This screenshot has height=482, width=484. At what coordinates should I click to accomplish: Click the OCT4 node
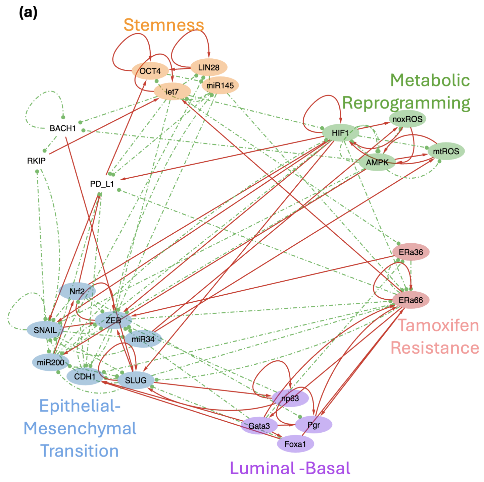coord(150,71)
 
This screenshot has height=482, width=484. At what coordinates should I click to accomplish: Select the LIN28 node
coord(209,67)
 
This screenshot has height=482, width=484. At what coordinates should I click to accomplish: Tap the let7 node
coord(172,92)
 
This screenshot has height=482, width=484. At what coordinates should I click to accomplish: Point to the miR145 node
coord(220,85)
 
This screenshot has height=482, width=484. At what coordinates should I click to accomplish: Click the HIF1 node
coord(340,133)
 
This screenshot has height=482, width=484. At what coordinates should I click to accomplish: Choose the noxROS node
coord(407,119)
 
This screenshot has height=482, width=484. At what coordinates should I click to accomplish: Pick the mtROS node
coord(446,151)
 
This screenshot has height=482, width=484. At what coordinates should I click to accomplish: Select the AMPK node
coord(377,163)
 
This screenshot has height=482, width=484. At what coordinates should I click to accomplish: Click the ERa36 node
coord(411,252)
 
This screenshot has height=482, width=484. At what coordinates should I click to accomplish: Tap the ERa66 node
coord(411,300)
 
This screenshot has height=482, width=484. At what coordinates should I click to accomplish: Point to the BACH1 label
coord(63,128)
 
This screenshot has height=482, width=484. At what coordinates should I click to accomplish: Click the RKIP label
coord(36,161)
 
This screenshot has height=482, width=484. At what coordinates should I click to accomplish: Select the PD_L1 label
coord(102,184)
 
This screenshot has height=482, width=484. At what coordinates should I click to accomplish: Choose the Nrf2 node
coord(77,291)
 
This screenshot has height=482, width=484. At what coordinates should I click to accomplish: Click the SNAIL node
coord(45,330)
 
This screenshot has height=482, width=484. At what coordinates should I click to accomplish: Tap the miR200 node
coord(51,362)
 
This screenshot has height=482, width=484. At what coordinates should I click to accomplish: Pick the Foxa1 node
coord(295,444)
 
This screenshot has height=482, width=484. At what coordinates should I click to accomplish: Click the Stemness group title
coord(164,25)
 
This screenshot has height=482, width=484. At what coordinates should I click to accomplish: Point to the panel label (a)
coord(28,13)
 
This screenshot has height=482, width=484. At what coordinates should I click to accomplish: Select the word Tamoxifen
coord(438,325)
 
